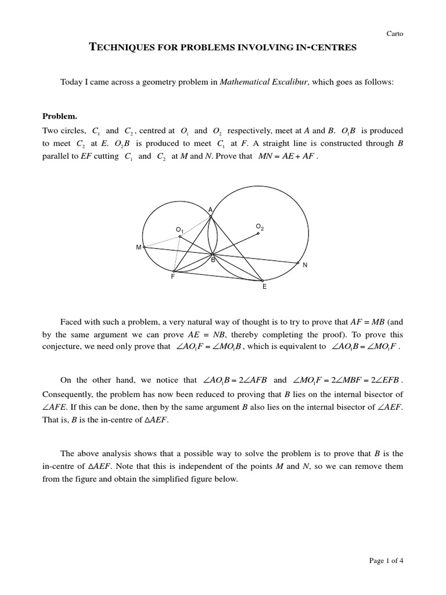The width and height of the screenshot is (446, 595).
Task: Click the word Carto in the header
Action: point(394,34)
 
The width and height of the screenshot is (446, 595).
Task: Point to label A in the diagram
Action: point(210,210)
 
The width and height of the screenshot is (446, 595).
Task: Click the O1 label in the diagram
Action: point(179,230)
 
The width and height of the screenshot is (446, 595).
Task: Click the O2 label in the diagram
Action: point(260,226)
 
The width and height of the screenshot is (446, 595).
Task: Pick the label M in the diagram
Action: point(139,248)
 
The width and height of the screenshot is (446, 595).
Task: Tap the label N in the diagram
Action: point(305,265)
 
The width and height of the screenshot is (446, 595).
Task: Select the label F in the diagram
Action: point(172,277)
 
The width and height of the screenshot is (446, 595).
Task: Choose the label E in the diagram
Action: point(264,287)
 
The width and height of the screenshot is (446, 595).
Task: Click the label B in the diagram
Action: point(213,261)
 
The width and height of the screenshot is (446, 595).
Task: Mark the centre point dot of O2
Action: point(258,234)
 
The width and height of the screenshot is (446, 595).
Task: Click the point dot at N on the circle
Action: point(298,263)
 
